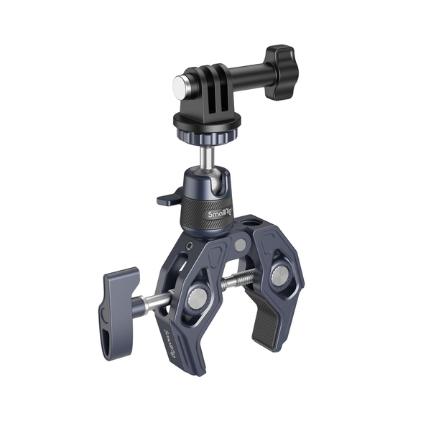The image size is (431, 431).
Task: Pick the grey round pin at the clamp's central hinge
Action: click(239, 246)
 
